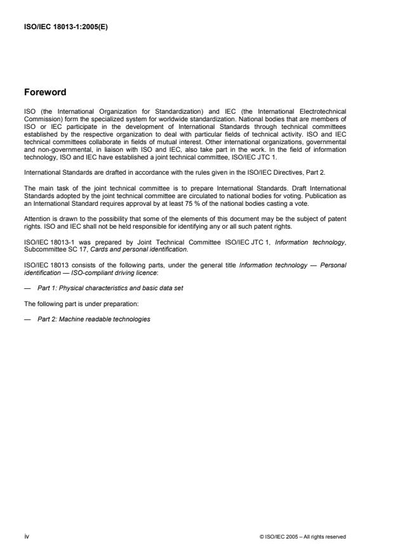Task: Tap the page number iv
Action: (26, 536)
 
